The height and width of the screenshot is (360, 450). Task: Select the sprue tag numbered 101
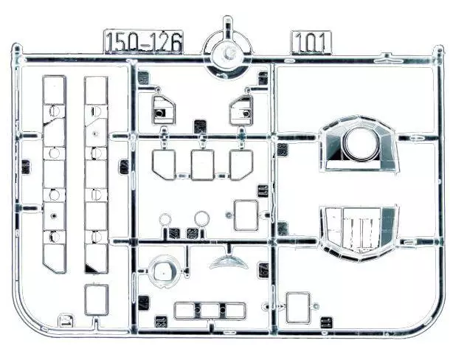tap(311, 41)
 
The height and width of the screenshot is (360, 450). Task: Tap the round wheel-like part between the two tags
tap(227, 52)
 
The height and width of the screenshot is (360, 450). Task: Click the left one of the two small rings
tap(165, 218)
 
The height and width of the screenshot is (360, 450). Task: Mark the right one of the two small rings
tap(201, 218)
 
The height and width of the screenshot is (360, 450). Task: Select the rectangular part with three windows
tap(200, 310)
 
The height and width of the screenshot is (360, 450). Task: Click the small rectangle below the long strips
tap(96, 299)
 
